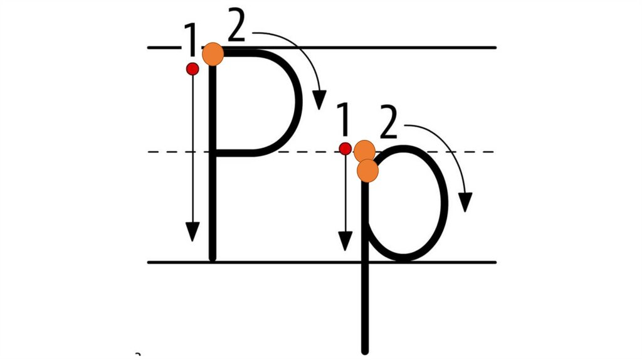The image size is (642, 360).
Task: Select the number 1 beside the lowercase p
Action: (x=343, y=120)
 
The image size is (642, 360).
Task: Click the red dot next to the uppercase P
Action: (x=192, y=69)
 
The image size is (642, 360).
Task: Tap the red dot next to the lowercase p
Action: (x=345, y=149)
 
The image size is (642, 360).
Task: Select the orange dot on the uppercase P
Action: (x=213, y=54)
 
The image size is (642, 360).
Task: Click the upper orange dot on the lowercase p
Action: (x=364, y=151)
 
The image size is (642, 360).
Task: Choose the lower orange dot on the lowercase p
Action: (x=368, y=170)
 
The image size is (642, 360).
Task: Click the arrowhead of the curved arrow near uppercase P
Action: (x=320, y=100)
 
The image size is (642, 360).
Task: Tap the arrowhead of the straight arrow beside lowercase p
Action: (x=345, y=241)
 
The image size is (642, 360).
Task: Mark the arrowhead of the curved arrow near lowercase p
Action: (x=465, y=203)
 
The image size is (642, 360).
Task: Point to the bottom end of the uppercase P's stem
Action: (x=213, y=257)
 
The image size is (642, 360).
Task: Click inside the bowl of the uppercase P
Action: (x=254, y=103)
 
